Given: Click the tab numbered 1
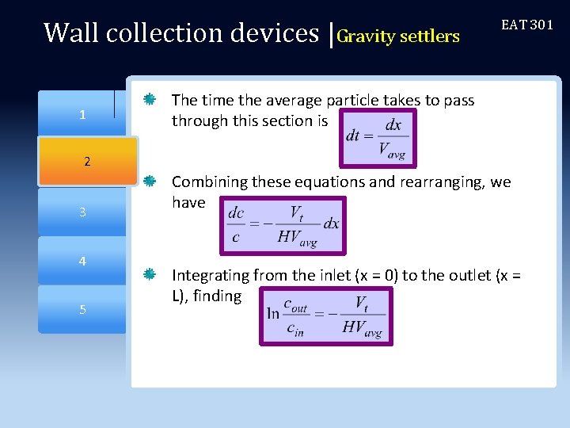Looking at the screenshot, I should coord(82,115).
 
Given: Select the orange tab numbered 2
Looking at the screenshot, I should coord(87,162).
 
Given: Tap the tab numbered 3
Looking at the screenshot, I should coord(82,212).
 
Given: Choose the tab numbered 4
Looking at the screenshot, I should coord(82,261).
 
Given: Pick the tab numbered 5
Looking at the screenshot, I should coord(82,309).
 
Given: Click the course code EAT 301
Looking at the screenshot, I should coord(527,25).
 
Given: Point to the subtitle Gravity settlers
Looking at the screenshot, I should coord(398,36).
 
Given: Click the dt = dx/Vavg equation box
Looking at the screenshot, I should coord(376,137).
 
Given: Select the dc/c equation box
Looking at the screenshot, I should coord(283,225).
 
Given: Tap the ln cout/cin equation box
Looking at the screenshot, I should coord(325,315).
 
